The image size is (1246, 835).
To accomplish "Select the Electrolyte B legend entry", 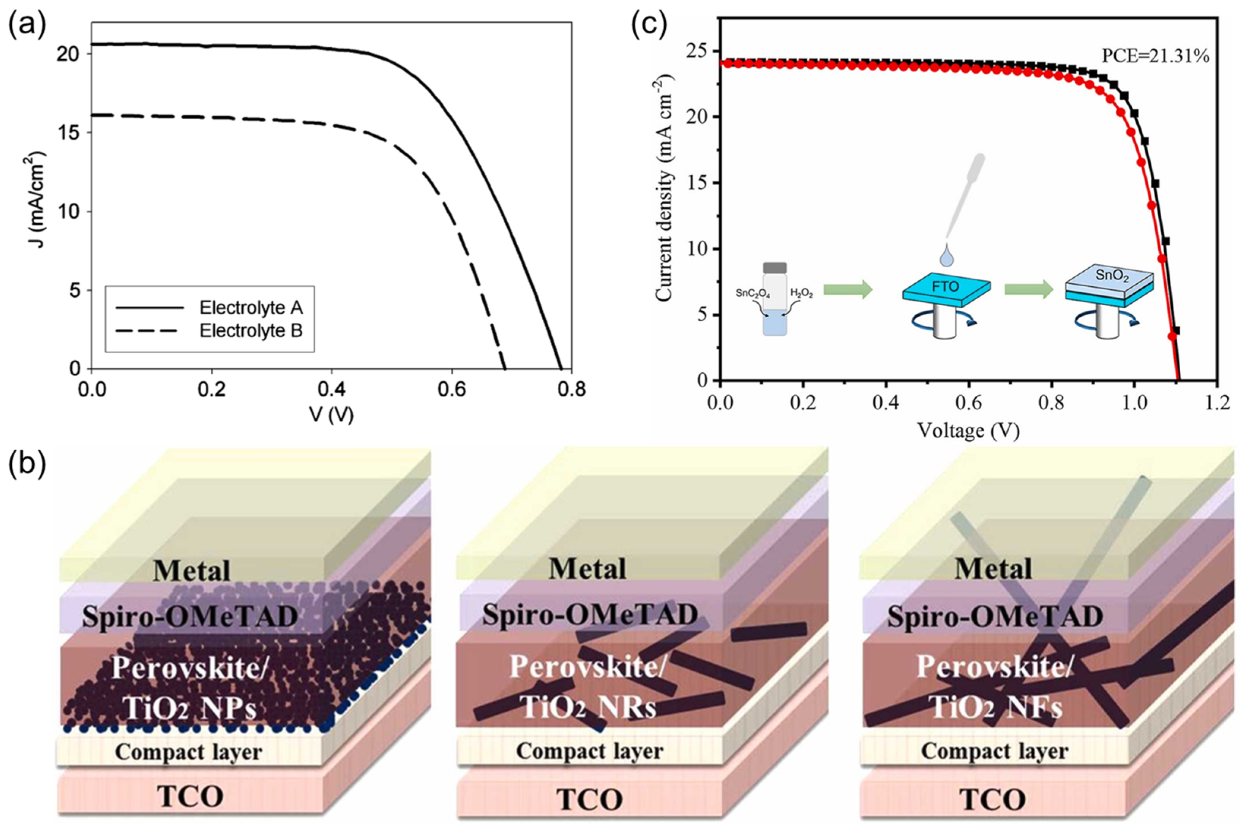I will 251,331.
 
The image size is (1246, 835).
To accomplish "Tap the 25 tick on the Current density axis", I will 698,52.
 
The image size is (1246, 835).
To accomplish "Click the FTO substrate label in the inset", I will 945,287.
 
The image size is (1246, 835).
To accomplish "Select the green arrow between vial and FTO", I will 847,290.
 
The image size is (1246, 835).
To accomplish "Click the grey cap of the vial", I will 775,267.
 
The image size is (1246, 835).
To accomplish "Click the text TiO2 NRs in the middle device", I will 587,708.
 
